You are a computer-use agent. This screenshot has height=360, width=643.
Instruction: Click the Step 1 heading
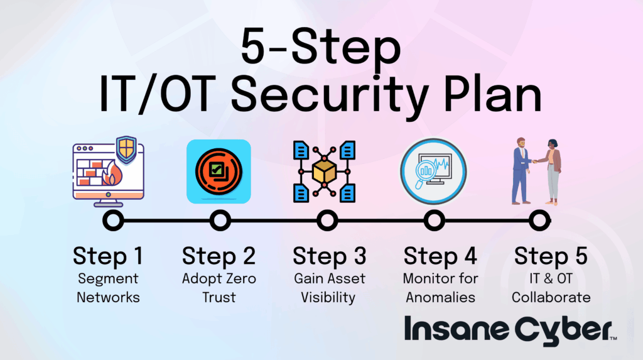pos(108,256)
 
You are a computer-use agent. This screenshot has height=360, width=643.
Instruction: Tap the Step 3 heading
pos(329,256)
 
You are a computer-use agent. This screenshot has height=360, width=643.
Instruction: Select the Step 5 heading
pos(551,256)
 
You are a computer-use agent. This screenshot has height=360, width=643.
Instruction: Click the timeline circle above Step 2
pos(220,221)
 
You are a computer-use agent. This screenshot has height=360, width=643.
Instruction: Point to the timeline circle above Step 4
pos(435,221)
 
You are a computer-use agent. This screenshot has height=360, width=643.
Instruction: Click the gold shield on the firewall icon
pos(126,149)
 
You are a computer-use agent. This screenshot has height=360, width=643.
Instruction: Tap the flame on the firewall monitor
pos(112,173)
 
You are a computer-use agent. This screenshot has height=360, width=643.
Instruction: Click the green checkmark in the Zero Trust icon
pos(216,169)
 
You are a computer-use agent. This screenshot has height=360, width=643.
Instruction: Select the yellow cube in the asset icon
pos(325,171)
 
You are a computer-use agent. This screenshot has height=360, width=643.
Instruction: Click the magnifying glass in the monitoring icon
pos(424,172)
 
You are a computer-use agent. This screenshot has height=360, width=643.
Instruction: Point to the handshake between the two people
pos(535,161)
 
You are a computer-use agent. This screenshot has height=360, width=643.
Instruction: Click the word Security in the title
pos(330,95)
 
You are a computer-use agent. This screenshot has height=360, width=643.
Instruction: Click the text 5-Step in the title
pos(321,46)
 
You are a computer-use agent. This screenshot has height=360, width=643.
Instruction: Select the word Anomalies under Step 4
pos(440,297)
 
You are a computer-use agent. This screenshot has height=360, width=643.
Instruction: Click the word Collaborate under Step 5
pos(551,297)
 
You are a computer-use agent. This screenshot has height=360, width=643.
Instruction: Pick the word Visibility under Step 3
pos(328,298)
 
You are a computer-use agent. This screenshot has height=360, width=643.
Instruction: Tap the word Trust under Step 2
pos(219,297)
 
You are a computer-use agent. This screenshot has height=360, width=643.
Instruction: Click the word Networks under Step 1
pos(108,297)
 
